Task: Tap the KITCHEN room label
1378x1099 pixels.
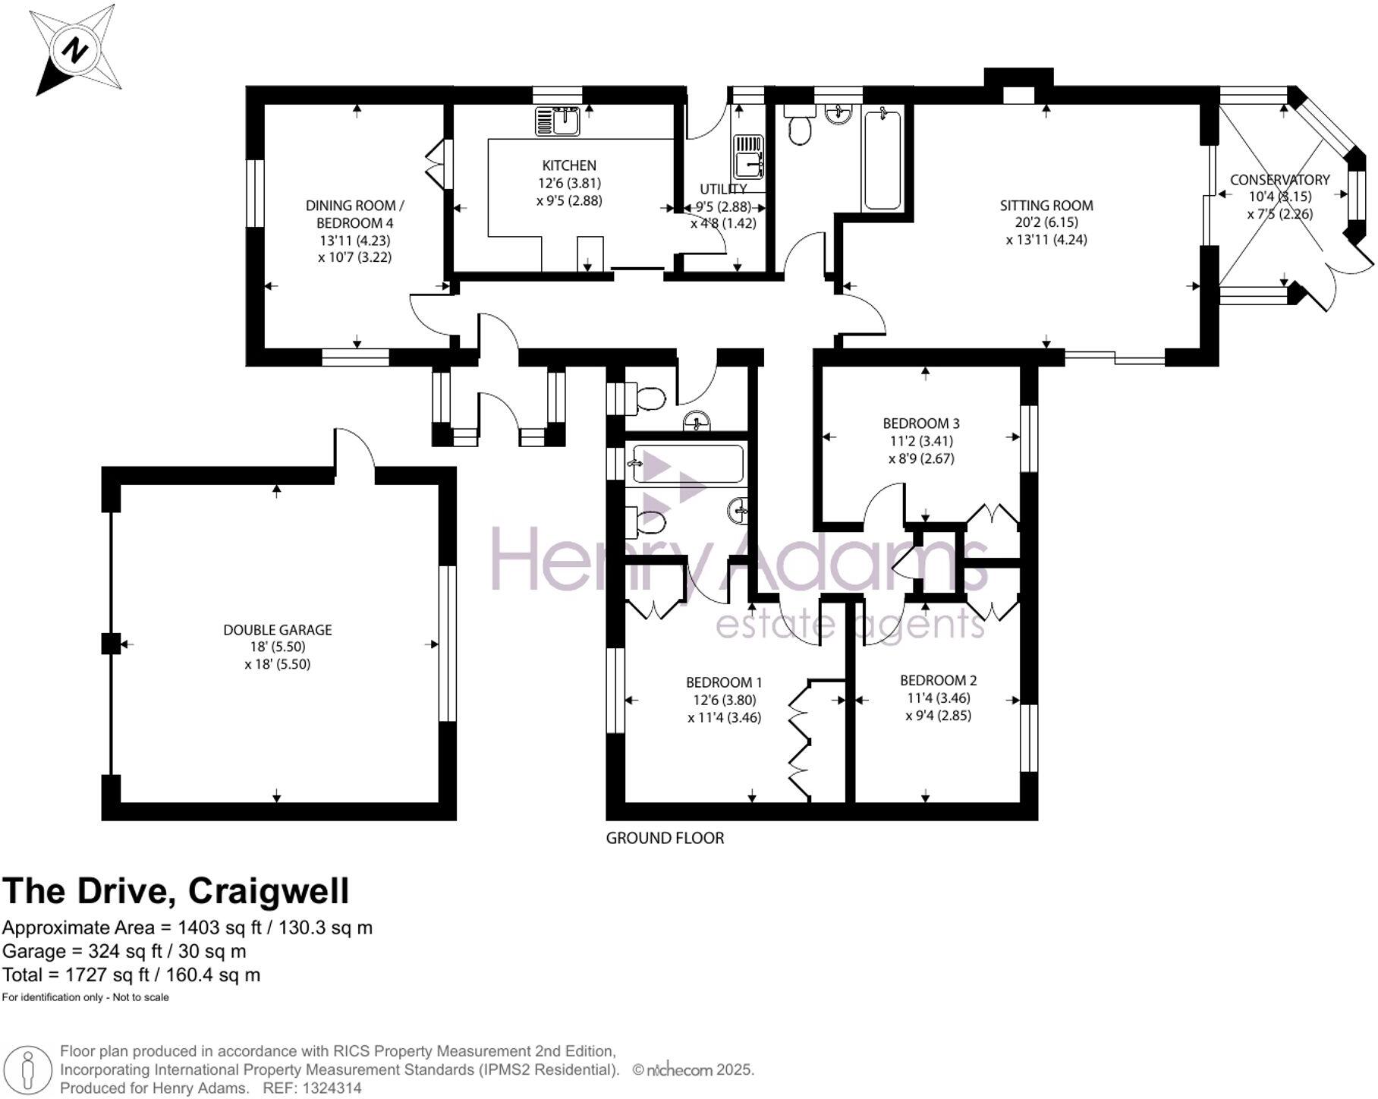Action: coord(568,165)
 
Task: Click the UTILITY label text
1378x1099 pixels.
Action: coord(722,189)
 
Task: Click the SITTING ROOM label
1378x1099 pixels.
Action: coord(1046,205)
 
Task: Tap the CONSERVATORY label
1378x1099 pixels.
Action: coord(1279,180)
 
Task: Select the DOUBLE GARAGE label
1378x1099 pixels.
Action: coord(277,629)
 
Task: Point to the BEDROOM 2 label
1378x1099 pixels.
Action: coord(938,680)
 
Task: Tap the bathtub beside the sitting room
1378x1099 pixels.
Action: coord(882,159)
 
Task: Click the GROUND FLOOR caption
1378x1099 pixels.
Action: coord(665,838)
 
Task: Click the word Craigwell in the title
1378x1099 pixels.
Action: coord(269,891)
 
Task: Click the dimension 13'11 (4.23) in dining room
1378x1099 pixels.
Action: coord(354,241)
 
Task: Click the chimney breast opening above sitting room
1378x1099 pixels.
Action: coord(1018,96)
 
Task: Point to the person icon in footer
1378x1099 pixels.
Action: coord(27,1070)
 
